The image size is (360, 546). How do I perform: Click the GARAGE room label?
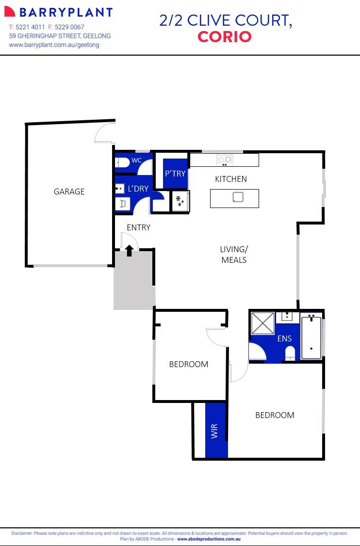[69, 192]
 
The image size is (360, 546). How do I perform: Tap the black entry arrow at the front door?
[130, 250]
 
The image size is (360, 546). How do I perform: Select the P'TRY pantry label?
[175, 173]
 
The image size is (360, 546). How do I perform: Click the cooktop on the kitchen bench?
[225, 160]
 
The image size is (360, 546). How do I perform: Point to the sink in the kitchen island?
[238, 197]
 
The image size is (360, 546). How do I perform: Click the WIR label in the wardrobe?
[214, 431]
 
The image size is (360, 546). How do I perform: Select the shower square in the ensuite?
[262, 323]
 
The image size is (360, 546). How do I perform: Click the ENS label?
[284, 338]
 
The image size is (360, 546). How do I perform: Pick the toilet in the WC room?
[121, 162]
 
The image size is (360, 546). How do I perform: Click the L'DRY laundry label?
[138, 189]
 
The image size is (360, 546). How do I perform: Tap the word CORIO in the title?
[225, 37]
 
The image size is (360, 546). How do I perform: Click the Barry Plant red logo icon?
[10, 12]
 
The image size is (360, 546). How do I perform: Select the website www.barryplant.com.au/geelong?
[54, 45]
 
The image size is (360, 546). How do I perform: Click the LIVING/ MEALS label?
[234, 255]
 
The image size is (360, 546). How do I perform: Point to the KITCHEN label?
[231, 179]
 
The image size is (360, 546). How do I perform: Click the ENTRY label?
[138, 227]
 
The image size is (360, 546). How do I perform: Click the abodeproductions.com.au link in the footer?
[209, 539]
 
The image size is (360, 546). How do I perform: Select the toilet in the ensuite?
[290, 353]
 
